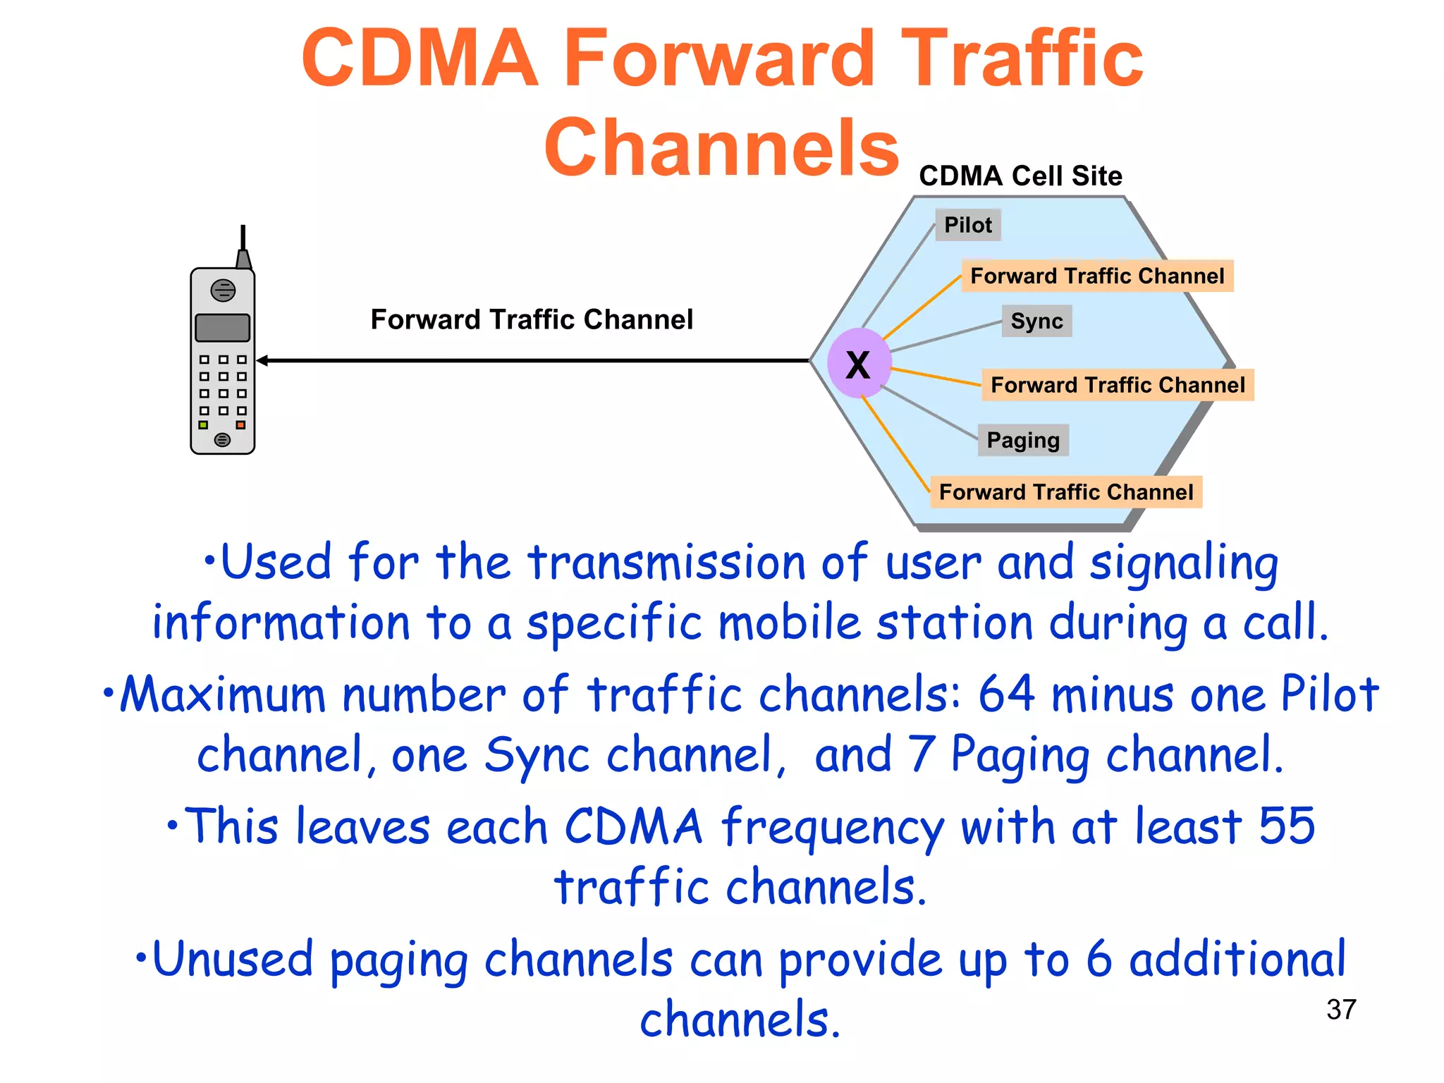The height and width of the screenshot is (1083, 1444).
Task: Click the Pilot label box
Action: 967,225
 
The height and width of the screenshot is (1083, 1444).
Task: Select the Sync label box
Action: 1036,321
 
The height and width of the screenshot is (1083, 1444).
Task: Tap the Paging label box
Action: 1022,440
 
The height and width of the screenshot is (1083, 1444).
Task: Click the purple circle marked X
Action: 859,364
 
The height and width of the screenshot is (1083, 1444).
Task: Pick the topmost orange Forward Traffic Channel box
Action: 1097,276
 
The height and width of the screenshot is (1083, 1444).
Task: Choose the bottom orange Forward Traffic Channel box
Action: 1066,491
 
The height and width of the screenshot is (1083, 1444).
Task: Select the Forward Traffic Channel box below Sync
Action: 1118,385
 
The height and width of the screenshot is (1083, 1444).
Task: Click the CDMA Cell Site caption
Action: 1020,176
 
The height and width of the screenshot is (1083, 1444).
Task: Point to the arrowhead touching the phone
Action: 262,361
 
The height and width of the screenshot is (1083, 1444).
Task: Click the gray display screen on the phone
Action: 223,328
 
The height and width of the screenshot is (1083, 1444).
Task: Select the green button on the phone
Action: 203,425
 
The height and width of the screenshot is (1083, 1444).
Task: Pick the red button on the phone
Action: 241,425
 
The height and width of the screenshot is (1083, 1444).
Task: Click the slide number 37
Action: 1340,1009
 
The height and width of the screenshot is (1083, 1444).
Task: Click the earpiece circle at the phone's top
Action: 223,290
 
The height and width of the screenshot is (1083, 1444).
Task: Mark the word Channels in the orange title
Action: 721,147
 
